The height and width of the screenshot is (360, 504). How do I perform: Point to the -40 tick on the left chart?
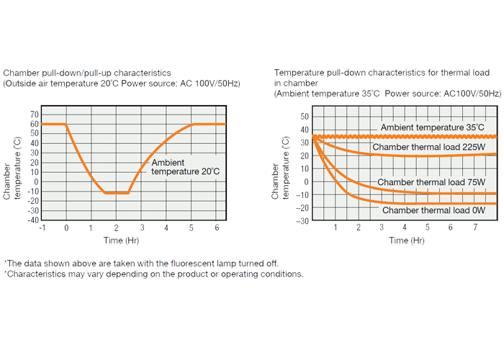tap(32, 220)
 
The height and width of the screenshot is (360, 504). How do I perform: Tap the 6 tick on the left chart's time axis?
tap(216, 228)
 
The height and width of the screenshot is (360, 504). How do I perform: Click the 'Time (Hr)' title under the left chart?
tap(121, 240)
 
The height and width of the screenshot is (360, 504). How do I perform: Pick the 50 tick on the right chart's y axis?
tap(304, 117)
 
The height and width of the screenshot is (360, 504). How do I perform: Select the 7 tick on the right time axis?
tap(474, 228)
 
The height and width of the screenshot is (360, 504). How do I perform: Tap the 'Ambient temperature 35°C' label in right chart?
tap(432, 127)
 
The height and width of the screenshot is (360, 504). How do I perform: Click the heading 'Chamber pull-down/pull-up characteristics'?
tap(87, 73)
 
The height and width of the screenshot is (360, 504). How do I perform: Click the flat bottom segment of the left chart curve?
tap(116, 193)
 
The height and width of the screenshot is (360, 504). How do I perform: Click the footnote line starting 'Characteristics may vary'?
tap(153, 274)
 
